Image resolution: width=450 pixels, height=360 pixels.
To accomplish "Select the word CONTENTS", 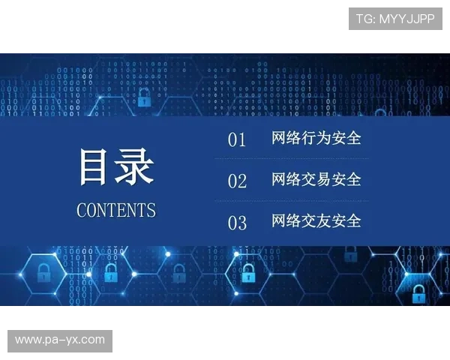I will tap(116, 210).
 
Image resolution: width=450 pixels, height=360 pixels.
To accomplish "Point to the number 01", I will tap(237, 140).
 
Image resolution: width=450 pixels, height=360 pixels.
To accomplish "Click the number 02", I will tap(237, 181).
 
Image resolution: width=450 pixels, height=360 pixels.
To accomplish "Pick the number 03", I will tap(237, 223).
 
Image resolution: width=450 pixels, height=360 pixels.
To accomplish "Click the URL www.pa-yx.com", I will tap(60, 340).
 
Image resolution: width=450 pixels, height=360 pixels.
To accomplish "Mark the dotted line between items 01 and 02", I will tap(291, 159).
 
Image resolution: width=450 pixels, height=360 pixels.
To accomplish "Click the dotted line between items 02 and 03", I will tap(291, 201).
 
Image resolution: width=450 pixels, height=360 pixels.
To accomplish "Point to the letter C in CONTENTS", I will tap(82, 210).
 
